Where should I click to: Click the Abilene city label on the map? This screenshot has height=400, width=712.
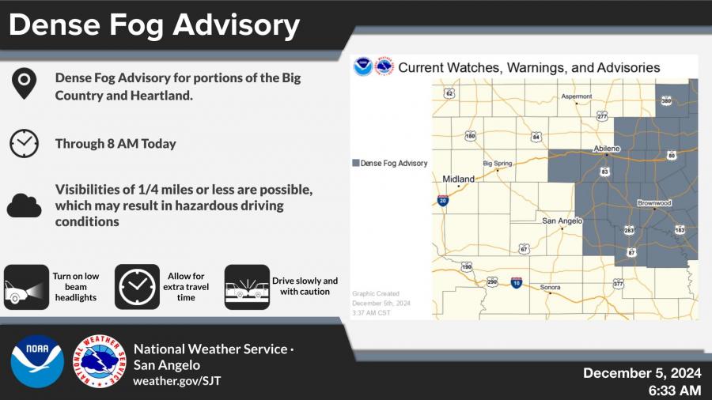[607, 149]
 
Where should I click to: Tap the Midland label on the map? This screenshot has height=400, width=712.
[458, 179]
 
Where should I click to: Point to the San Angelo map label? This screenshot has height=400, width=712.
[562, 221]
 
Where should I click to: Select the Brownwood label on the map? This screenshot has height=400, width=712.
[654, 202]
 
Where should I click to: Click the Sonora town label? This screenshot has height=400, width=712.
[550, 287]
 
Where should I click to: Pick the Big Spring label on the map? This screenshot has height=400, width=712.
[498, 164]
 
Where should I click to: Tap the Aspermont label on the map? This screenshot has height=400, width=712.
[577, 96]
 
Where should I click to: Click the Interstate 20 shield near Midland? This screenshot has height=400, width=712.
[443, 201]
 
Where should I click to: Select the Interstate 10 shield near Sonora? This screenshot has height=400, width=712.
[517, 282]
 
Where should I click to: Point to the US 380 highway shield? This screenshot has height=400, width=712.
[666, 100]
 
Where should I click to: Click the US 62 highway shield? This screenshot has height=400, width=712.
[449, 93]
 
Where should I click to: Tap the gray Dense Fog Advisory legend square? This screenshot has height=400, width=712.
[356, 163]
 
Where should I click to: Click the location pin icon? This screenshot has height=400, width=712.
[24, 84]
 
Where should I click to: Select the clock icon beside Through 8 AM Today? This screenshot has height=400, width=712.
[24, 144]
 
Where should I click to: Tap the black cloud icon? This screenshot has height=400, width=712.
[24, 206]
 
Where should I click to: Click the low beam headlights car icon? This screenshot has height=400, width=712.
[26, 287]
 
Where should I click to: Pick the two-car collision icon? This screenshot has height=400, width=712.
[247, 287]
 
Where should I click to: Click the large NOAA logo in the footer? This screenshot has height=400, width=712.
[37, 361]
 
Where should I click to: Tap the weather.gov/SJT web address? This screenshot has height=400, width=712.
[177, 381]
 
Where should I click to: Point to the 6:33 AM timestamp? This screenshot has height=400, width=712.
[675, 390]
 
